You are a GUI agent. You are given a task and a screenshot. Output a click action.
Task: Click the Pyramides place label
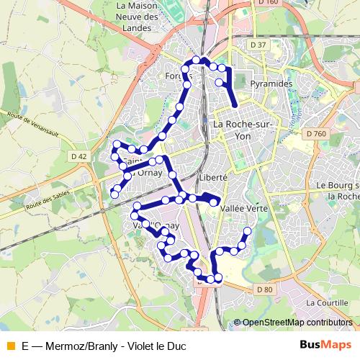(271, 84)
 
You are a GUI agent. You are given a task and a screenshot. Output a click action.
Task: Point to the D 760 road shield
(315, 133)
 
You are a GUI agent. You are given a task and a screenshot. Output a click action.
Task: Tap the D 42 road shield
(78, 156)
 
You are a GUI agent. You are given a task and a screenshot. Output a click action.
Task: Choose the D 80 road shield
(265, 289)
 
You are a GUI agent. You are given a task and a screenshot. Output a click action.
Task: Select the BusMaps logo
(325, 345)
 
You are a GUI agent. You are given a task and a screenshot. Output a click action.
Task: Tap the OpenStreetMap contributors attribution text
(294, 322)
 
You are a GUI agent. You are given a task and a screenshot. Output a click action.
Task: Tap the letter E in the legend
(25, 346)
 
